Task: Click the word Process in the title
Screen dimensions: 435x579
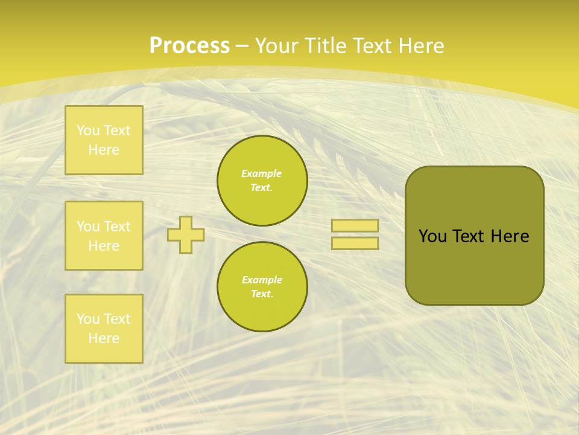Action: click(x=189, y=46)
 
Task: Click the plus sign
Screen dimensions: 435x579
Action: click(x=186, y=234)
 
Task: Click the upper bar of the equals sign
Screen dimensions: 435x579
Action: click(x=355, y=226)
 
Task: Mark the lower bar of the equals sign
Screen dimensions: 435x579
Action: click(x=355, y=243)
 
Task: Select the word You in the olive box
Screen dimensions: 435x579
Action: click(x=433, y=236)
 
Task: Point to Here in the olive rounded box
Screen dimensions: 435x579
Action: click(x=510, y=236)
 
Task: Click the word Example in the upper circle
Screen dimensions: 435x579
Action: click(x=262, y=173)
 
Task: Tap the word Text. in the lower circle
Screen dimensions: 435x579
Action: click(x=262, y=294)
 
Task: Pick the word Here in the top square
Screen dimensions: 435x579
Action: click(x=104, y=150)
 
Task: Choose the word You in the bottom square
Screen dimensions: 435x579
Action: click(x=88, y=319)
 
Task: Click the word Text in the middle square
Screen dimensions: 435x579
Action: click(x=117, y=227)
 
